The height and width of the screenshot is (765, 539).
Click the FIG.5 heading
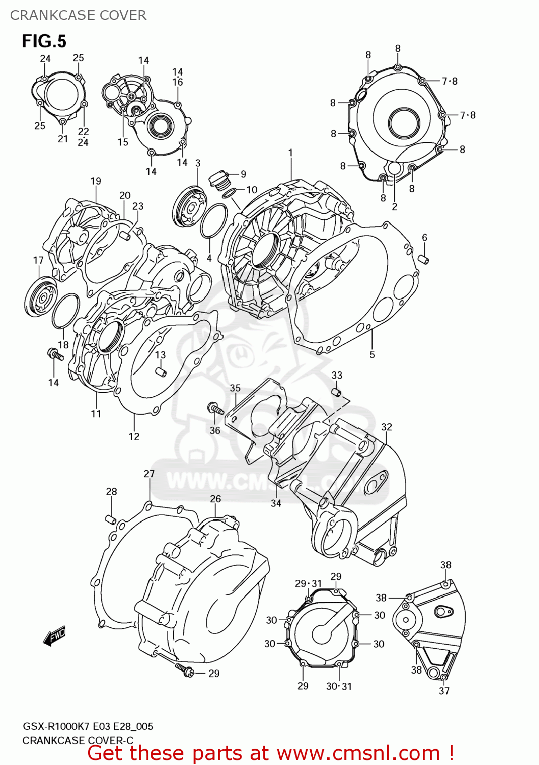[x=44, y=41]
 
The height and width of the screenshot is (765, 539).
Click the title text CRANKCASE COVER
[x=78, y=15]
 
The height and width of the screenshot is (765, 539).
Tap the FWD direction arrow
[x=55, y=636]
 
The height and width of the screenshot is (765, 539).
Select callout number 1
[x=290, y=152]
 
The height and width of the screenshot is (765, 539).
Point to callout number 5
[x=372, y=354]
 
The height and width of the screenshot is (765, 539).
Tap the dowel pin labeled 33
[x=336, y=392]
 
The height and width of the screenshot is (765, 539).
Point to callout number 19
[x=96, y=181]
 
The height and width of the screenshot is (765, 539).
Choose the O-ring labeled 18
[x=66, y=311]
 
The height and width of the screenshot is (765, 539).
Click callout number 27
[x=149, y=474]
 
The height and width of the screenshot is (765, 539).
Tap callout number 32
[x=387, y=427]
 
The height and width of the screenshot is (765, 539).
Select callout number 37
[x=444, y=691]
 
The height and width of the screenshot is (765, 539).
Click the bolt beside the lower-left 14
[x=56, y=354]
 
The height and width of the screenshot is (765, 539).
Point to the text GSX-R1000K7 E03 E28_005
[x=88, y=726]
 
